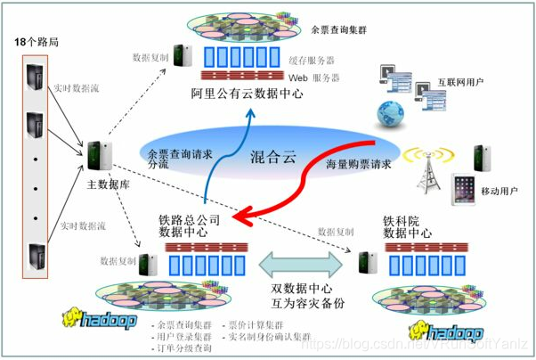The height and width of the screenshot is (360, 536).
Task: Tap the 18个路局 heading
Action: click(36, 43)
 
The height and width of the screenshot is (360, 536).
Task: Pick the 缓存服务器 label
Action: click(311, 61)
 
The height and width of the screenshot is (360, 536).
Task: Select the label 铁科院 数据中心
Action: click(408, 226)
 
